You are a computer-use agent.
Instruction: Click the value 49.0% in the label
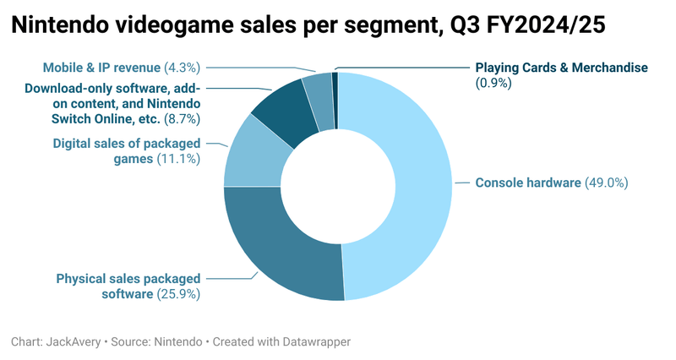[607, 183]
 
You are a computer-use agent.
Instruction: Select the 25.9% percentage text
[178, 294]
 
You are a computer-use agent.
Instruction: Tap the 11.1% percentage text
[178, 158]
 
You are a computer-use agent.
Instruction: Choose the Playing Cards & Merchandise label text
[560, 67]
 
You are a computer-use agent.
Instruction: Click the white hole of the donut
[338, 186]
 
